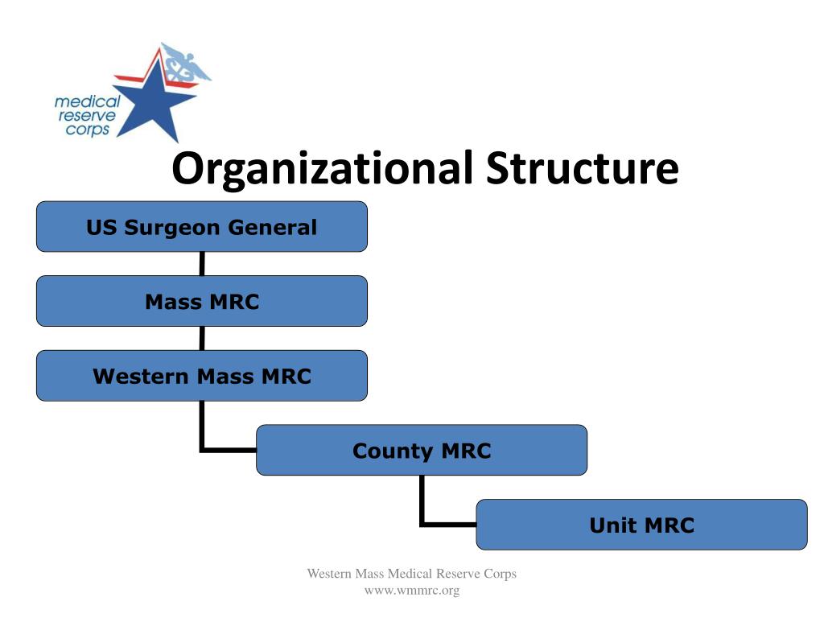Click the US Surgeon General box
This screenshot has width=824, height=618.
pyautogui.click(x=201, y=226)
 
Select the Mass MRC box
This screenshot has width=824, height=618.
pyautogui.click(x=201, y=301)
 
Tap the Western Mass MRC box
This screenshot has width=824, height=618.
pyautogui.click(x=201, y=376)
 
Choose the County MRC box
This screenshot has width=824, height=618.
pyautogui.click(x=421, y=450)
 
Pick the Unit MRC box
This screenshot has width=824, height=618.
pyautogui.click(x=641, y=525)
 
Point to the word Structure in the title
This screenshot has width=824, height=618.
pyautogui.click(x=582, y=168)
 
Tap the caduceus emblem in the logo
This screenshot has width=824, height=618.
pyautogui.click(x=183, y=64)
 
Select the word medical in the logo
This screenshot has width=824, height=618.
pyautogui.click(x=87, y=102)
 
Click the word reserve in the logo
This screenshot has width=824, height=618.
pyautogui.click(x=86, y=116)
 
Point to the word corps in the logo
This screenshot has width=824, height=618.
pyautogui.click(x=88, y=130)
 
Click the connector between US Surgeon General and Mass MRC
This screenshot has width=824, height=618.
pyautogui.click(x=201, y=263)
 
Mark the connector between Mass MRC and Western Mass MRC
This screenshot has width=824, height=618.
pyautogui.click(x=201, y=338)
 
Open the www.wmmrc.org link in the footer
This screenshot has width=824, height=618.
pyautogui.click(x=411, y=591)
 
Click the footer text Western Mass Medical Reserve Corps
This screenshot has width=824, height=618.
pyautogui.click(x=411, y=574)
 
